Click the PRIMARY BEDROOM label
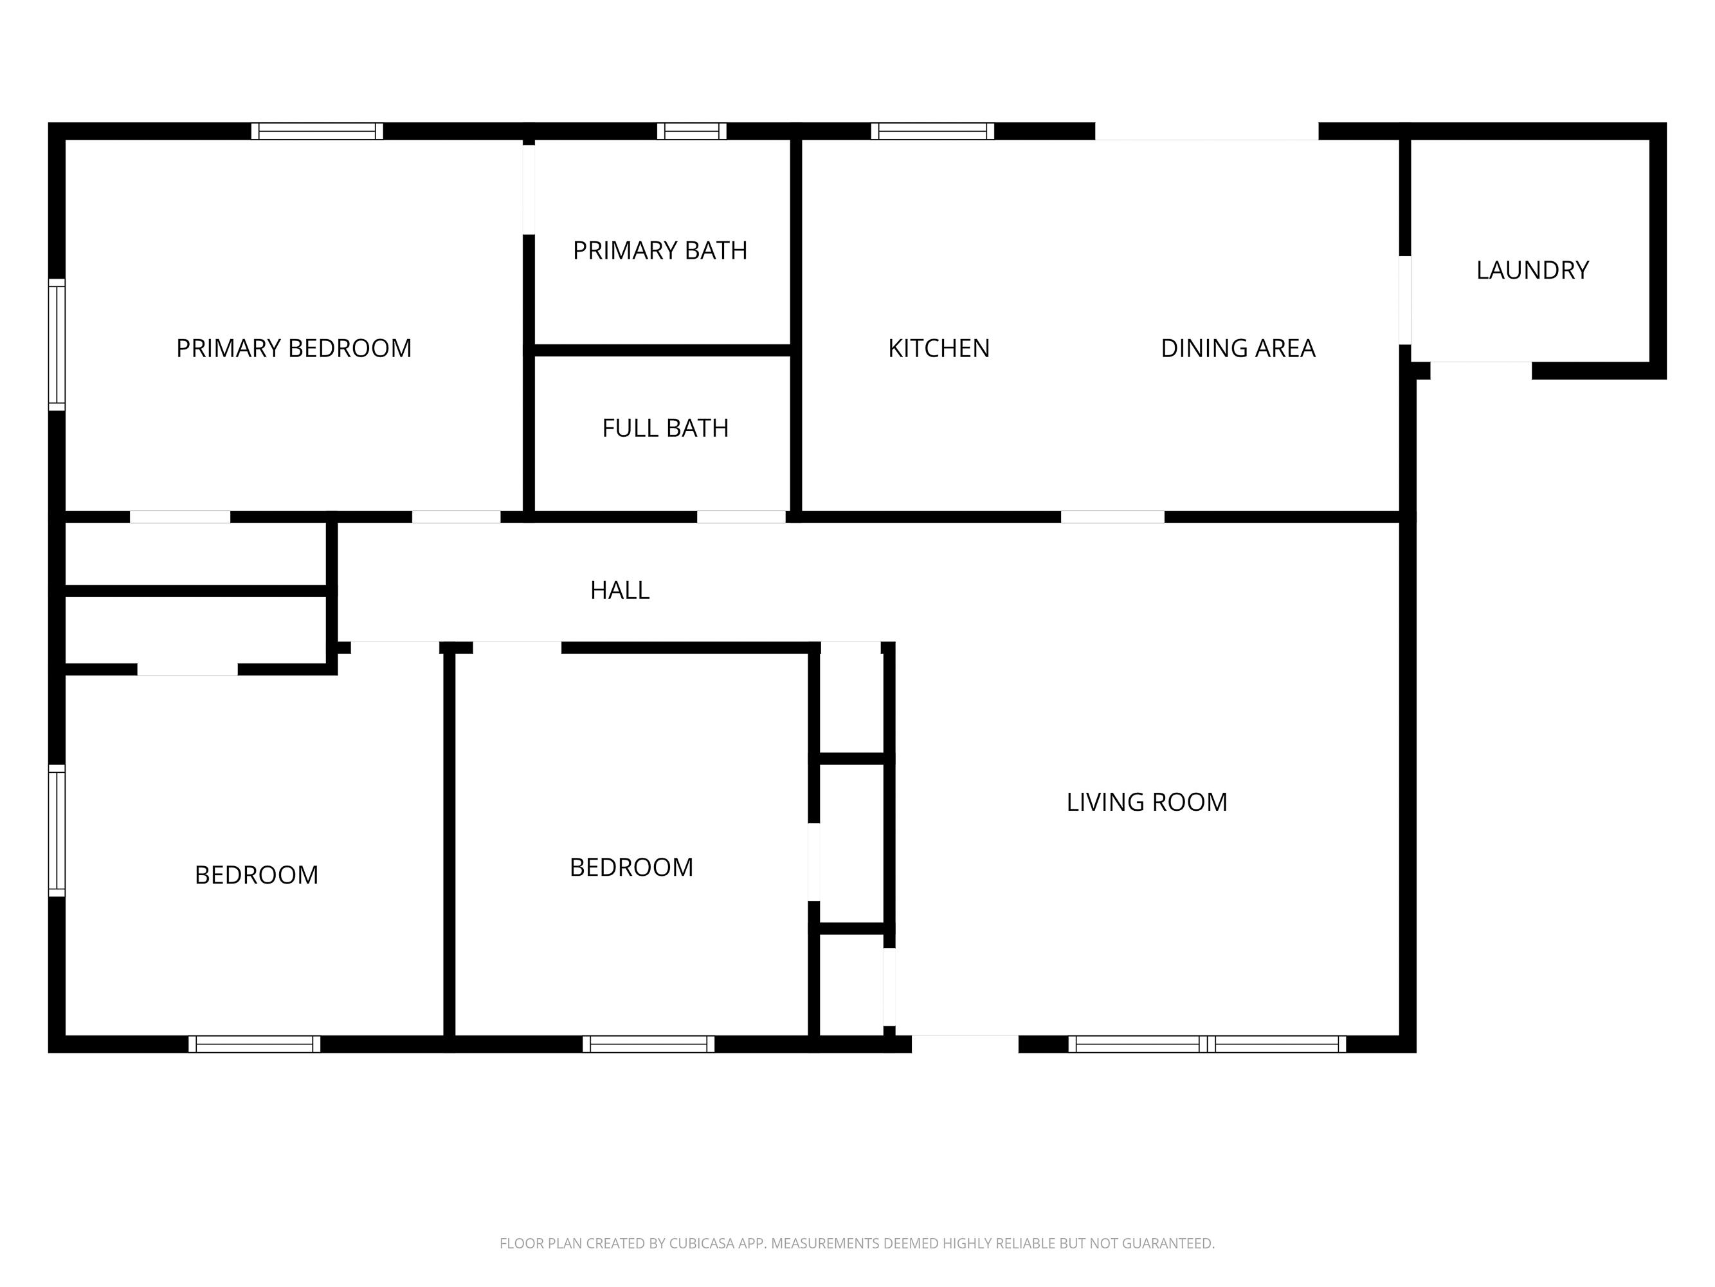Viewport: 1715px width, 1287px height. click(x=294, y=348)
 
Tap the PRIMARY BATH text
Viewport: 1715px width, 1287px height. click(x=660, y=250)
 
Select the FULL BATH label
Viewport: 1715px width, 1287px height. click(x=665, y=428)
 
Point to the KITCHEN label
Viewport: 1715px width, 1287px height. click(x=938, y=348)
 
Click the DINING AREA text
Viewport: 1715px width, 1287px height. click(x=1237, y=348)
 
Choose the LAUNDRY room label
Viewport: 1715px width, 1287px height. click(x=1532, y=270)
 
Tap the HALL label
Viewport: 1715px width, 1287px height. click(x=619, y=590)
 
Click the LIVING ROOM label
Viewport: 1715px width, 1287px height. click(x=1147, y=802)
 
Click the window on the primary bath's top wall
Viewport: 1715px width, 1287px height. click(x=691, y=131)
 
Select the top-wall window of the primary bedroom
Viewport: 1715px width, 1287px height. click(x=317, y=131)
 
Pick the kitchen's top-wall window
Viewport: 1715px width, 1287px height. click(x=932, y=131)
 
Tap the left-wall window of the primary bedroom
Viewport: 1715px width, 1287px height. click(x=57, y=344)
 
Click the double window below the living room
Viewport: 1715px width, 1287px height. click(x=1207, y=1044)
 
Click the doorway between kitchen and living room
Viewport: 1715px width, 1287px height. click(x=1112, y=517)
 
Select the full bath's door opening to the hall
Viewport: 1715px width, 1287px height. click(x=741, y=517)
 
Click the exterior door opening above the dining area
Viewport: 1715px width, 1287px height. click(x=1206, y=132)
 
